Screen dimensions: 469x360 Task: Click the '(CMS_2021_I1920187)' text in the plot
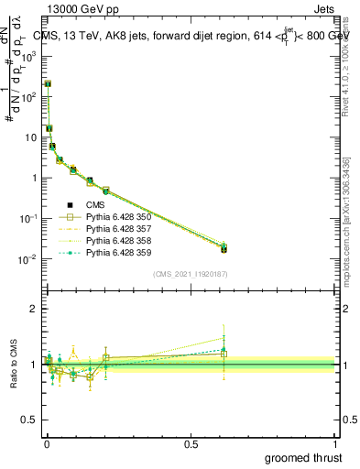pyautogui.click(x=191, y=272)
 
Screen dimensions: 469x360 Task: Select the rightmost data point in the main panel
pyautogui.click(x=224, y=248)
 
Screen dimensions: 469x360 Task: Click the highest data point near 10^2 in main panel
pyautogui.click(x=48, y=84)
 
